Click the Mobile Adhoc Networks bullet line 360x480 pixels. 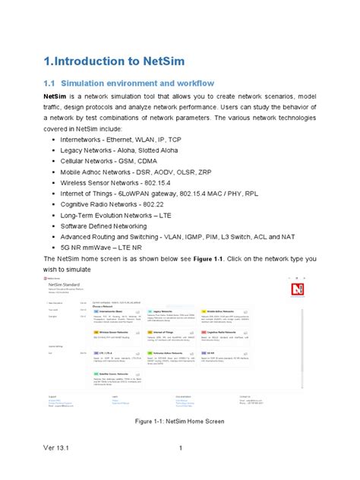136,172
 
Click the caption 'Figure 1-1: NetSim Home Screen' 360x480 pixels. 179,420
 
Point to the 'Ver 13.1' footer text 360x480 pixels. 36,448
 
